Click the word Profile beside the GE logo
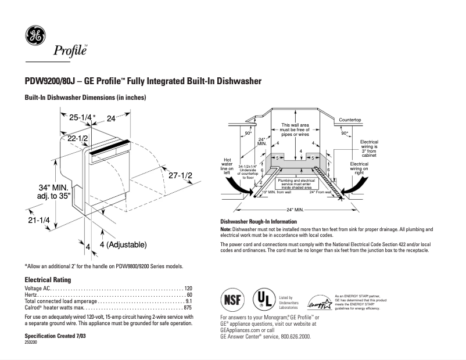pos(70,51)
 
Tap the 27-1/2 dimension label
pos(180,175)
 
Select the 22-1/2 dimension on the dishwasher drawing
pos(77,139)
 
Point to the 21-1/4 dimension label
pos(38,221)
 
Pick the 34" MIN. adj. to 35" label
pos(55,192)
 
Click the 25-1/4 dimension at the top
pos(80,118)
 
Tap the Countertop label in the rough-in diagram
pos(350,120)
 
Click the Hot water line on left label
pos(227,165)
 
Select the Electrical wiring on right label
pos(359,168)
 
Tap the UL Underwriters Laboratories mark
pos(264,300)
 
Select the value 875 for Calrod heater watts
pos(187,308)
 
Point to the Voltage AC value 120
pos(188,289)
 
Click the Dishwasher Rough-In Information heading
pos(259,222)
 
